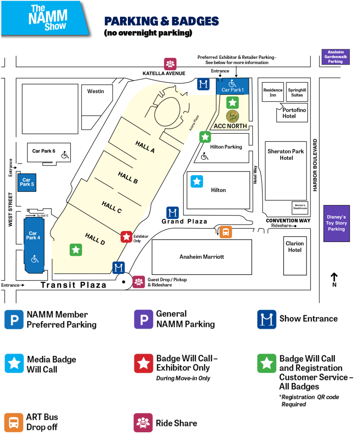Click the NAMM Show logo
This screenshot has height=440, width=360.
click(48, 18)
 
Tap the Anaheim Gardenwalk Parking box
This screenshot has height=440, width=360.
click(335, 57)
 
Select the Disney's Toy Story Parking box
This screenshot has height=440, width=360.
click(336, 223)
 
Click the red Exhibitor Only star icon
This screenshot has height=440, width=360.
click(126, 237)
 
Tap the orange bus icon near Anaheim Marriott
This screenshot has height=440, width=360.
click(226, 232)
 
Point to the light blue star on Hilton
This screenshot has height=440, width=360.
click(197, 182)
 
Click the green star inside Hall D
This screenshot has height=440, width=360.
click(76, 249)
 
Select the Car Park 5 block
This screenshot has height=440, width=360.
click(27, 182)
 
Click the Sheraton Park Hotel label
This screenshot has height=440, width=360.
click(286, 155)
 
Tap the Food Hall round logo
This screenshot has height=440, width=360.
click(232, 116)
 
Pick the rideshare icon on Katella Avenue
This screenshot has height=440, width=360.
click(171, 64)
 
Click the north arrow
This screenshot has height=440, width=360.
click(334, 280)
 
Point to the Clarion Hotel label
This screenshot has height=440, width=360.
click(295, 246)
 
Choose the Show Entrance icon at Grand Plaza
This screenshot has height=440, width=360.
click(172, 213)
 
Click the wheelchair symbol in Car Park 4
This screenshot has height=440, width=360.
click(35, 258)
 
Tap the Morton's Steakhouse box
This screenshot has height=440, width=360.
click(300, 207)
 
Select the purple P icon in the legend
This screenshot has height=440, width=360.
click(144, 319)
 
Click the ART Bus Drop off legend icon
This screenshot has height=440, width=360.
click(14, 422)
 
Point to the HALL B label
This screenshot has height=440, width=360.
click(128, 177)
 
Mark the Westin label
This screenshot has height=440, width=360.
click(95, 91)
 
